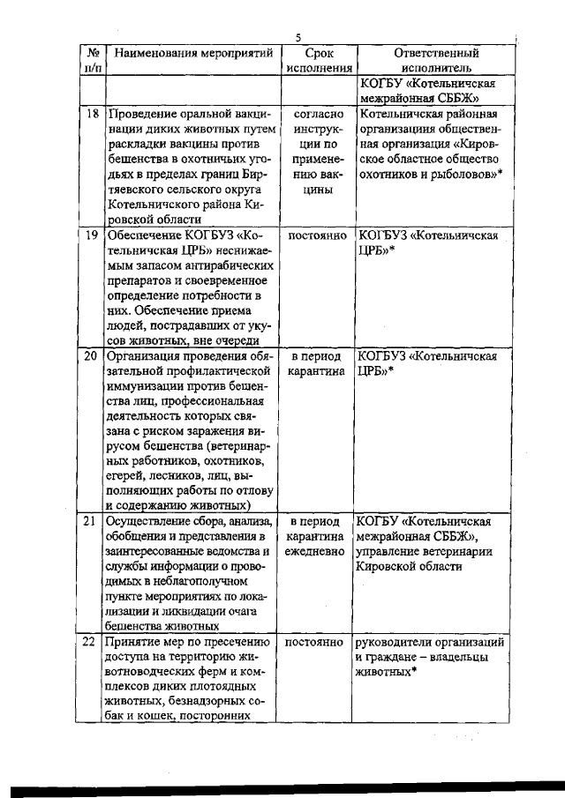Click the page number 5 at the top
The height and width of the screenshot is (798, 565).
pyautogui.click(x=298, y=37)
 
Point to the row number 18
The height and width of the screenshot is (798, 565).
pyautogui.click(x=90, y=115)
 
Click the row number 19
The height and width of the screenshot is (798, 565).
pyautogui.click(x=90, y=235)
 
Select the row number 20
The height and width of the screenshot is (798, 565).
pyautogui.click(x=90, y=356)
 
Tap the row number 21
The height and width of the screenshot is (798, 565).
pyautogui.click(x=90, y=521)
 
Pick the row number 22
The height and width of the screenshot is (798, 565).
pyautogui.click(x=90, y=642)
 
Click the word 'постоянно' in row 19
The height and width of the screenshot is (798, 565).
pyautogui.click(x=317, y=235)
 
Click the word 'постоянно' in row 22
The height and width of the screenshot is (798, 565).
pyautogui.click(x=317, y=642)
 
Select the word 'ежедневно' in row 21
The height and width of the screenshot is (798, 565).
pyautogui.click(x=317, y=551)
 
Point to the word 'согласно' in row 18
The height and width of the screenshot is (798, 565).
pyautogui.click(x=317, y=115)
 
